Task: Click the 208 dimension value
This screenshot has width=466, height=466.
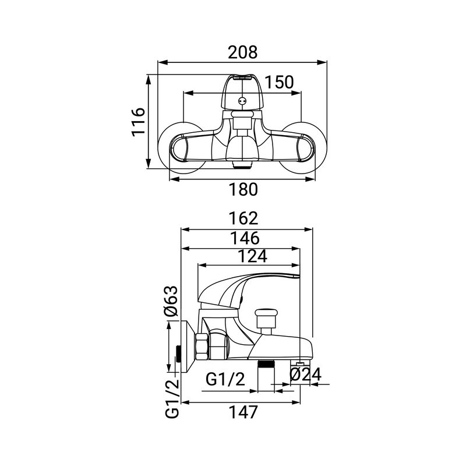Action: (x=242, y=52)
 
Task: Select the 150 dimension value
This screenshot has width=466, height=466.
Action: (x=279, y=82)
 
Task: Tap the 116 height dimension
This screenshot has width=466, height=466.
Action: (x=139, y=122)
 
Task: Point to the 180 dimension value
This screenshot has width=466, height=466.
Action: (x=243, y=189)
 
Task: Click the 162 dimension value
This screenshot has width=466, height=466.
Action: (x=243, y=218)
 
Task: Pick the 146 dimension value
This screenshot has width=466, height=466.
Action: (x=245, y=238)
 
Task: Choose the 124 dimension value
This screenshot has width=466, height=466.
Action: (x=253, y=256)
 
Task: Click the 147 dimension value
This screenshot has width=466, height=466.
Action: (x=243, y=412)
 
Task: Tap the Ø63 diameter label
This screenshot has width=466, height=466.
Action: (x=171, y=301)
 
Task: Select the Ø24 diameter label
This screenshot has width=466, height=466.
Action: (x=305, y=374)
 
